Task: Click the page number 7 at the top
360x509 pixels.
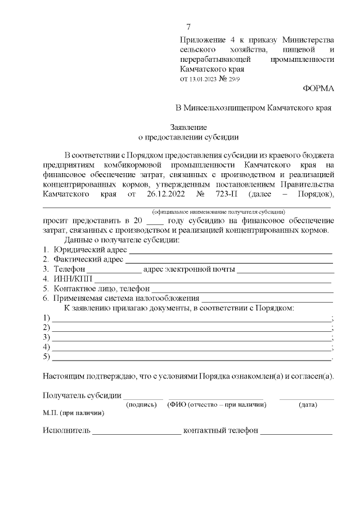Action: (x=188, y=27)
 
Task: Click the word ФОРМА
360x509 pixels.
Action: (x=318, y=89)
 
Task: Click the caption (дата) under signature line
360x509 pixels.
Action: (x=307, y=404)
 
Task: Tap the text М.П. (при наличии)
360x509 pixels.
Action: (x=73, y=412)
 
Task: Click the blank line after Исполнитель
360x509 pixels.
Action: (x=137, y=433)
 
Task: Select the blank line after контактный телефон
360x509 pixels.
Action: (x=296, y=433)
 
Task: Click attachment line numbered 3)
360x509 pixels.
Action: (x=191, y=338)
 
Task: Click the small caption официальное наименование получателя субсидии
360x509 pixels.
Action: (x=218, y=211)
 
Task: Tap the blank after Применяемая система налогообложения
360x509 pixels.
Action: (x=267, y=299)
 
